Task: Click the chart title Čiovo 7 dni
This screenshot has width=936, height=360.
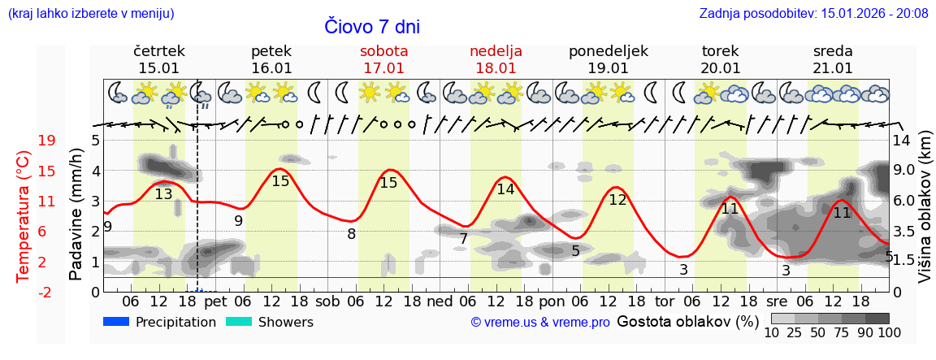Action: click(x=371, y=27)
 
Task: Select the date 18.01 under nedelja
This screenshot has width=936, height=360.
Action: click(x=496, y=68)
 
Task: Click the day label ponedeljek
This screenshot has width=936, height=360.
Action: click(x=608, y=51)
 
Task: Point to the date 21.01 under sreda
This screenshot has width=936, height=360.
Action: click(x=833, y=68)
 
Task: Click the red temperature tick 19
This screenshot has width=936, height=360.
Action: click(x=24, y=141)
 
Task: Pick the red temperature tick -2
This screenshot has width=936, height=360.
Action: click(x=24, y=292)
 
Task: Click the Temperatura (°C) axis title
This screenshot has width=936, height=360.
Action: click(x=24, y=216)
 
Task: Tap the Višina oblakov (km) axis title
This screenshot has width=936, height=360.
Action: click(x=925, y=209)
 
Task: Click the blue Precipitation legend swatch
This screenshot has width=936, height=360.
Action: click(x=116, y=322)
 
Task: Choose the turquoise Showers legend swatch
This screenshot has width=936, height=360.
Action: click(x=239, y=322)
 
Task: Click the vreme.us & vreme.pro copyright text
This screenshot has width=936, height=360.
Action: click(x=540, y=323)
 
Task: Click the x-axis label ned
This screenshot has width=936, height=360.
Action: click(x=440, y=301)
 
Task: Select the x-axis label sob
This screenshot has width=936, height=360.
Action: click(x=327, y=301)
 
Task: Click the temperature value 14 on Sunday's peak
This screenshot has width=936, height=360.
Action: click(x=505, y=189)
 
